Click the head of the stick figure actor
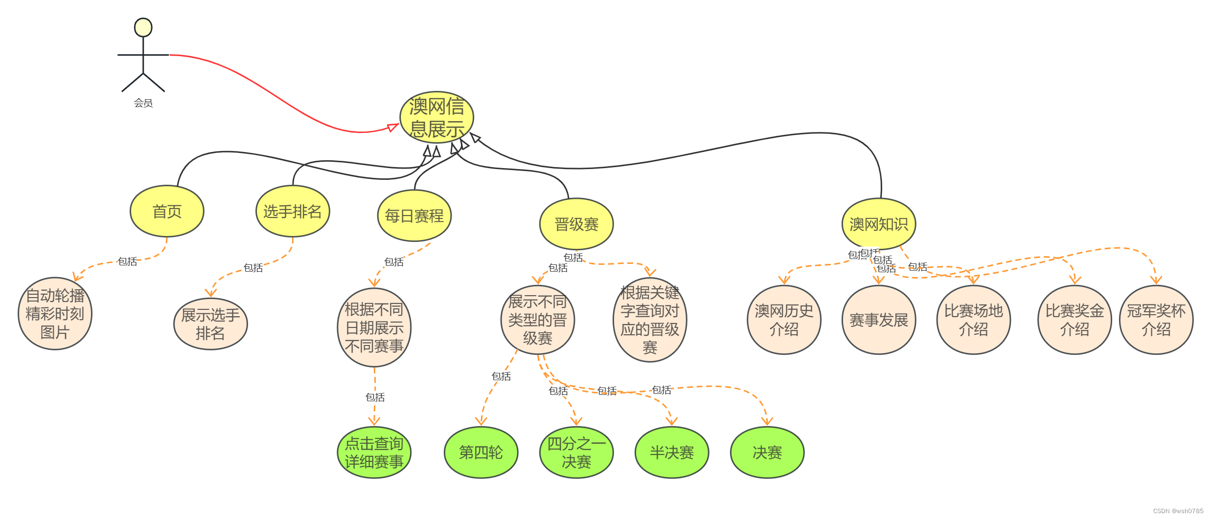143,27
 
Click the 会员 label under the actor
143,103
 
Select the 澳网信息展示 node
436,117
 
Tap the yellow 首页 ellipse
167,211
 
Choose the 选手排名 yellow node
293,211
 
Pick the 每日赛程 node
414,216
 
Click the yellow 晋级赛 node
576,224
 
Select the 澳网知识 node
878,224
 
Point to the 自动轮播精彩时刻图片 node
55,314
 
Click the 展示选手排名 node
210,324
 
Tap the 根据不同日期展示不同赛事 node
374,327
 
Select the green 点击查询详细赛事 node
374,453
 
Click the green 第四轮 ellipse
480,453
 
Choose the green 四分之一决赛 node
576,453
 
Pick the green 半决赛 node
671,453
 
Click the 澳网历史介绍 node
784,320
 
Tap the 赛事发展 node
878,320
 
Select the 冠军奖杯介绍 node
1156,320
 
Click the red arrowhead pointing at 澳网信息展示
393,127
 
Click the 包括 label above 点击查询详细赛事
375,397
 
